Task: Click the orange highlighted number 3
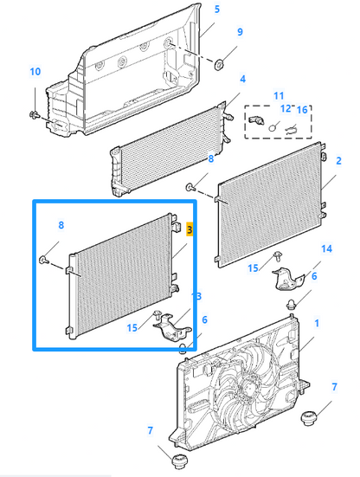[190, 229]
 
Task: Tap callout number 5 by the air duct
[217, 10]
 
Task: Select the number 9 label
[240, 32]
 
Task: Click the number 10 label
[35, 72]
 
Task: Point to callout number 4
[242, 79]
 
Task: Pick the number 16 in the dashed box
[302, 110]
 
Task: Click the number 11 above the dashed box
[279, 96]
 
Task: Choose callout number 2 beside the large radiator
[338, 161]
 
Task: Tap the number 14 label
[326, 248]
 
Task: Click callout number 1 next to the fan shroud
[317, 323]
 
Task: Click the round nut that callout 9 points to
[219, 64]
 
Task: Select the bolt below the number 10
[34, 115]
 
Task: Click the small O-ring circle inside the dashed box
[273, 127]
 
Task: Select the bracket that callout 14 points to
[287, 279]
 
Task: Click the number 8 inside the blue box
[61, 225]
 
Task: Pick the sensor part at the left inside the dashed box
[254, 119]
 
